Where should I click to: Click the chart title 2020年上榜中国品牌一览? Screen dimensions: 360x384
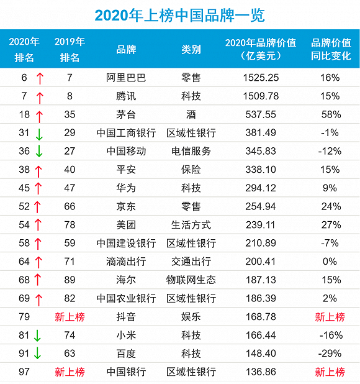(x=180, y=15)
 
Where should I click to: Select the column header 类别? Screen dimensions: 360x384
(x=191, y=50)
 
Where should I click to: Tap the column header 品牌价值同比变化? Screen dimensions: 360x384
(x=331, y=49)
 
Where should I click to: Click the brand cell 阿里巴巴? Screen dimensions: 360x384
(x=126, y=78)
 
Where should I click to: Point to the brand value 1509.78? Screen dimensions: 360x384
(x=261, y=96)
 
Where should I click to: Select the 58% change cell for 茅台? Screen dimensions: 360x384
(x=331, y=114)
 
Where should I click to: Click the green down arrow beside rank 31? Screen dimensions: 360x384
(x=39, y=134)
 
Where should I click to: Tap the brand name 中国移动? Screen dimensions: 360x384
(x=126, y=151)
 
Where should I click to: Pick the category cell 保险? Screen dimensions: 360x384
(x=191, y=170)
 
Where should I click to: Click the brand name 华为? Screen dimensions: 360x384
(x=126, y=188)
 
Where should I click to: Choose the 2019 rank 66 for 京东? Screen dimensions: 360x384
(x=70, y=206)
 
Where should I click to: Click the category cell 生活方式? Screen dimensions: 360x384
(x=191, y=225)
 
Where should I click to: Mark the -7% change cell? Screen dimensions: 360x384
(x=330, y=243)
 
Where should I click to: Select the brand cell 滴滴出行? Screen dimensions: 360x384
(x=126, y=262)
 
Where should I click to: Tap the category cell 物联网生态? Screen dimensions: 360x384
(x=191, y=280)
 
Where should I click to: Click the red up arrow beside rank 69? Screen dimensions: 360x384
(x=38, y=300)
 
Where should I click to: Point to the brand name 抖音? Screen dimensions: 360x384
(x=126, y=317)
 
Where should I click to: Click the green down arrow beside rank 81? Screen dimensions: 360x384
(x=37, y=336)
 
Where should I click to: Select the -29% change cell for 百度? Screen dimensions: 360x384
(x=330, y=354)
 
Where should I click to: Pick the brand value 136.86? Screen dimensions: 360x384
(x=261, y=372)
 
